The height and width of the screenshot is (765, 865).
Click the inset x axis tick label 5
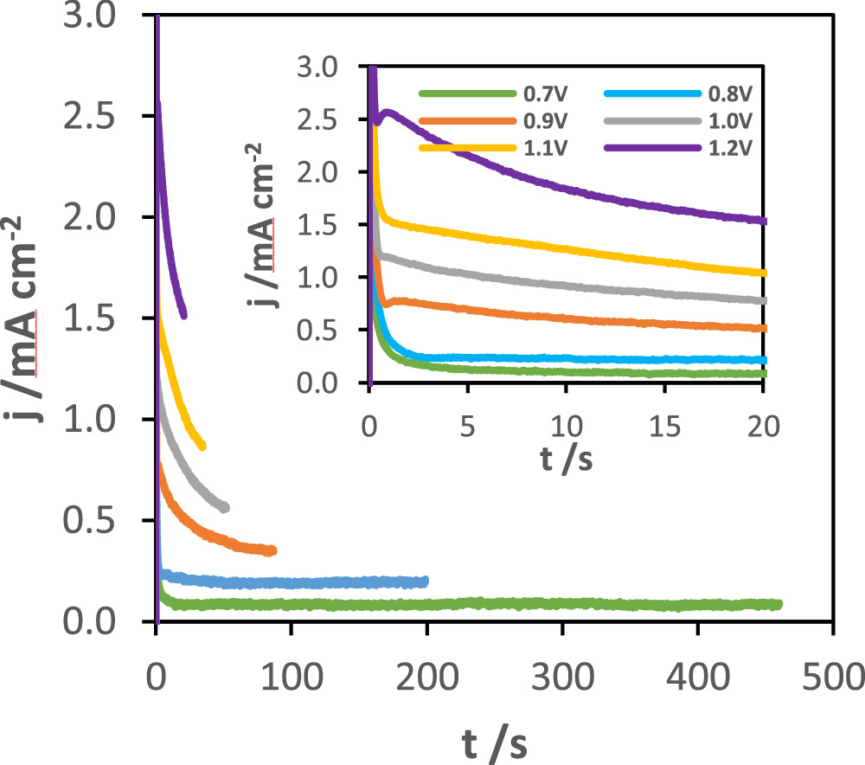click(x=468, y=426)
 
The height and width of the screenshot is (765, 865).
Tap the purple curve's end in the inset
click(x=764, y=221)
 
